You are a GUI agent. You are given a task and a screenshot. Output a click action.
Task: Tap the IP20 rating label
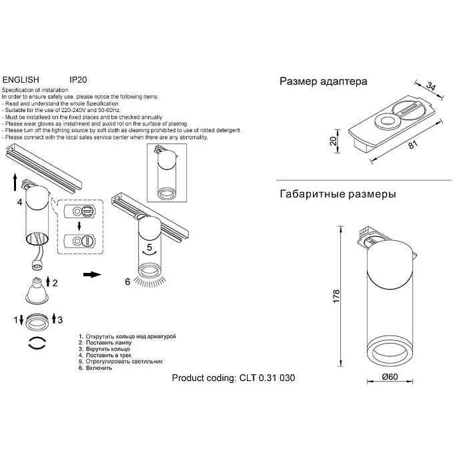79,78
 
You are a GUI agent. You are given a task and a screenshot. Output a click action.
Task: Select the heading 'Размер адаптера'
323,82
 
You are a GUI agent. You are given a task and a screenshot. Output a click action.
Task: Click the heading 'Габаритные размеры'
337,194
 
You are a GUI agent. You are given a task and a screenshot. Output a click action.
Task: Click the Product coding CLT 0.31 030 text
233,378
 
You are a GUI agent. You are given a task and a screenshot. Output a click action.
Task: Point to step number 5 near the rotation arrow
151,248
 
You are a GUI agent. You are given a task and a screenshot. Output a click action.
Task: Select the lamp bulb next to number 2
39,288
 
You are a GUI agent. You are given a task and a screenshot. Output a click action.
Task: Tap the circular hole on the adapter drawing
384,121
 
